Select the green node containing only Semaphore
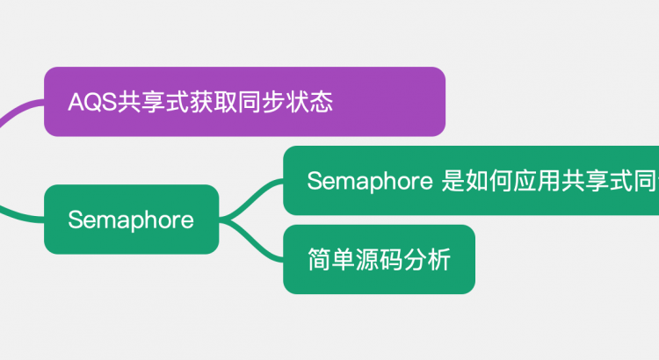coord(131,220)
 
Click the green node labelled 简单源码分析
coord(379,259)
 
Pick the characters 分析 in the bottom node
coord(427,260)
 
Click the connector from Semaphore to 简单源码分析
coord(256,242)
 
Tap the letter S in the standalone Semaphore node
coord(75,220)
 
